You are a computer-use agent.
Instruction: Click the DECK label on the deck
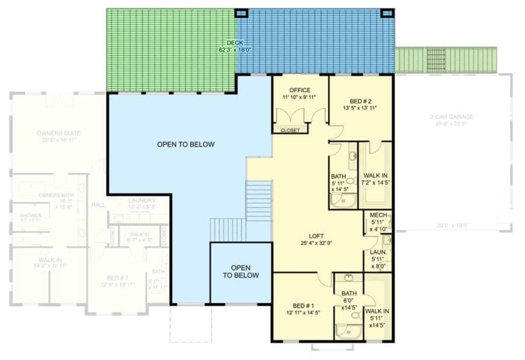235,43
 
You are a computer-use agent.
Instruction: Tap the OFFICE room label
300,90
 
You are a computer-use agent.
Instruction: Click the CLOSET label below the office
290,129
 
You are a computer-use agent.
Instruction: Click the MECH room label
378,215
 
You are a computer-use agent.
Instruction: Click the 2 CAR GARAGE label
452,117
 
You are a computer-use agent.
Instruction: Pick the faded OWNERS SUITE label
59,133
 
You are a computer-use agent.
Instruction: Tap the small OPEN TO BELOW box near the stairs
241,271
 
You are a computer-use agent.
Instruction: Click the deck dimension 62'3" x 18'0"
235,50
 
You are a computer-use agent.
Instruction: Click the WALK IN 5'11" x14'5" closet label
377,318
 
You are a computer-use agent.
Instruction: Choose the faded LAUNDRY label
142,200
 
